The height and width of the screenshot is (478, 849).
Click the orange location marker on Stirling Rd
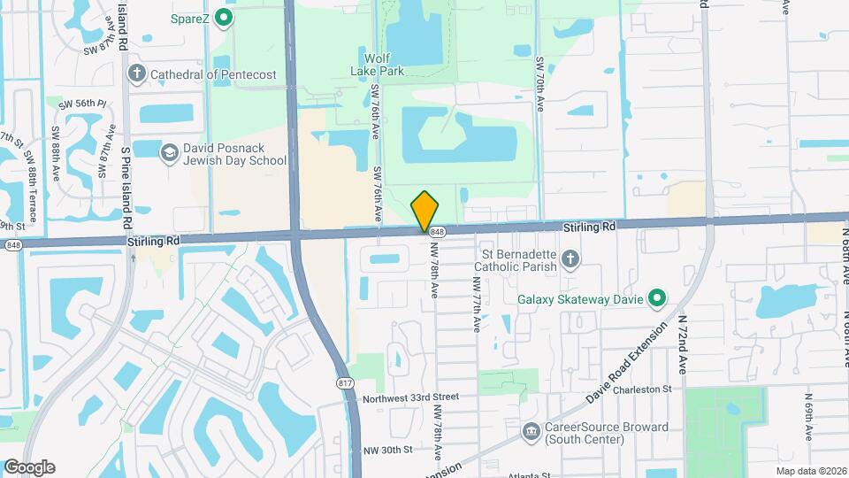pos(425,212)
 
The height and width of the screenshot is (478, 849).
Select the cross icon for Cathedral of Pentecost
pos(136,73)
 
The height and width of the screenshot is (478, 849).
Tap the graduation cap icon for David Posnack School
pos(168,153)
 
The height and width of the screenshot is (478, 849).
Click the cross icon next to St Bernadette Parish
pos(571,259)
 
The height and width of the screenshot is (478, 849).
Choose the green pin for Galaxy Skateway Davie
pos(656,299)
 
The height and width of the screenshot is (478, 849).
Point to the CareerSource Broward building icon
pos(531,432)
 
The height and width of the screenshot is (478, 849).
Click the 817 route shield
pos(346,382)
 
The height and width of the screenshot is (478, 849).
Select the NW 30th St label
pos(388,450)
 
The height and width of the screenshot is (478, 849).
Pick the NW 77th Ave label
pos(476,305)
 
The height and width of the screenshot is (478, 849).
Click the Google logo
pos(29,467)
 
